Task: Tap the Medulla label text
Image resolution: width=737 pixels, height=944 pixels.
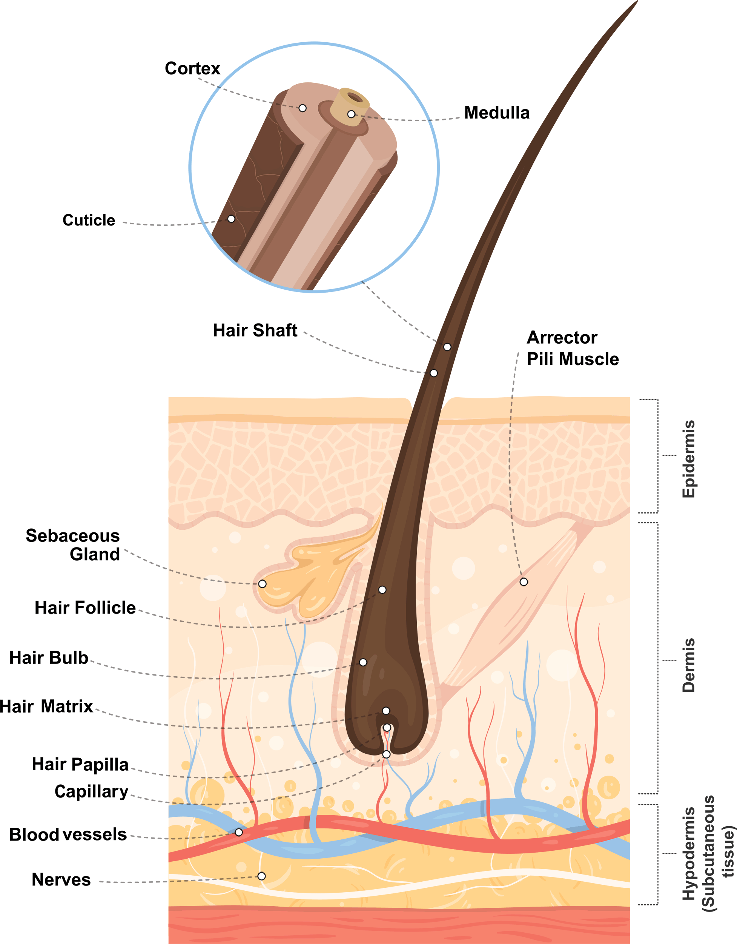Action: [496, 113]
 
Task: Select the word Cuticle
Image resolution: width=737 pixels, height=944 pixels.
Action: [89, 220]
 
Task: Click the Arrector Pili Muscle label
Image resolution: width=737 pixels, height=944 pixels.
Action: [573, 349]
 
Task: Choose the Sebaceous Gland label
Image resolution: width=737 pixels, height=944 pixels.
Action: [73, 545]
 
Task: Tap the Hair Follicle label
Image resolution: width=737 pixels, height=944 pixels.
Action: [85, 608]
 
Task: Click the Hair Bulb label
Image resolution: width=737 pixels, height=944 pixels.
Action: [49, 657]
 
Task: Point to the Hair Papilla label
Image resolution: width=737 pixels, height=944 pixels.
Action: [80, 764]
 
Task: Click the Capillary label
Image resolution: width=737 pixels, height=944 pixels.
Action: [92, 791]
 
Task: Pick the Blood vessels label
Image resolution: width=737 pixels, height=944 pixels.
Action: [68, 834]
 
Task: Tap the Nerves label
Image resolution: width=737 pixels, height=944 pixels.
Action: [61, 879]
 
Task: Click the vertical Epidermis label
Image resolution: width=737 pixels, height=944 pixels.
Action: [689, 459]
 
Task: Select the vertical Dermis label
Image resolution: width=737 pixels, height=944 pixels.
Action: [689, 665]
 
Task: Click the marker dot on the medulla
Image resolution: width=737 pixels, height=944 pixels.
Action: [352, 114]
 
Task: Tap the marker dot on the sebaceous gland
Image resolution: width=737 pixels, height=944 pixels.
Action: [262, 584]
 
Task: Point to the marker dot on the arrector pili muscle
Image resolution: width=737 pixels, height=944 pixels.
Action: [524, 582]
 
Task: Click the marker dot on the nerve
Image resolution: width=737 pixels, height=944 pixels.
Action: [262, 876]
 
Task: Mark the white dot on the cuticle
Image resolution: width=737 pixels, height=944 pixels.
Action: [232, 219]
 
